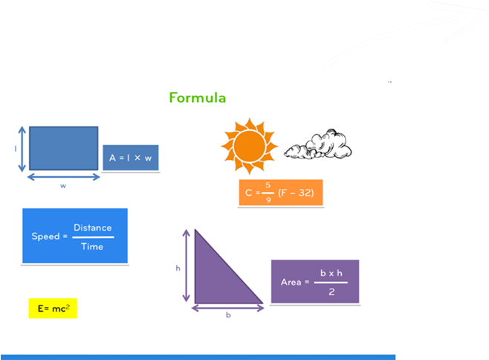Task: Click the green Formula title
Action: click(197, 97)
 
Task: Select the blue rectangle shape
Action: click(64, 148)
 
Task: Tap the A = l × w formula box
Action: click(130, 158)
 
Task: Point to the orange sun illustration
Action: click(249, 142)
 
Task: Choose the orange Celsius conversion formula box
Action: click(280, 193)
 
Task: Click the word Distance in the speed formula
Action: click(93, 228)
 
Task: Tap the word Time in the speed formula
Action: click(92, 246)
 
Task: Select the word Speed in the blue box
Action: click(45, 237)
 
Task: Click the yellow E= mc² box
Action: click(53, 307)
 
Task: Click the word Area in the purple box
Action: click(291, 282)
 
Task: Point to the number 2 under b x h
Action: click(331, 292)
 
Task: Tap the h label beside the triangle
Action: click(178, 268)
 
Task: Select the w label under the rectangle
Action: click(63, 185)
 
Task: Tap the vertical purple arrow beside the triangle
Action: click(186, 266)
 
